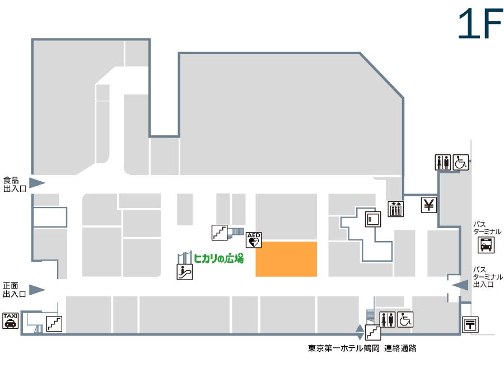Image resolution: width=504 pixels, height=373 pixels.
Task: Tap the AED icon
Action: pyautogui.click(x=254, y=240)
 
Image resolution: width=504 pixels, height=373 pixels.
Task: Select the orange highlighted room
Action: pyautogui.click(x=286, y=259)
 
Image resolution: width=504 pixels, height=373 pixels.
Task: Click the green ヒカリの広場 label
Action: pyautogui.click(x=218, y=258)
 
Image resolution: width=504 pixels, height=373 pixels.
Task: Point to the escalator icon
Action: pyautogui.click(x=185, y=272)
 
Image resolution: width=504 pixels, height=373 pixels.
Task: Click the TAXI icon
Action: pyautogui.click(x=11, y=320)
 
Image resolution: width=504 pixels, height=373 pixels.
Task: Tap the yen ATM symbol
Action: pyautogui.click(x=429, y=205)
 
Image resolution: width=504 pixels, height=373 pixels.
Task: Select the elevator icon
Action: pyautogui.click(x=396, y=209)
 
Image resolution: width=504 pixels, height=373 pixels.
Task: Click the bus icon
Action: pyautogui.click(x=486, y=245)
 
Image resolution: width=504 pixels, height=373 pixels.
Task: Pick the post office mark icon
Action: pyautogui.click(x=470, y=324)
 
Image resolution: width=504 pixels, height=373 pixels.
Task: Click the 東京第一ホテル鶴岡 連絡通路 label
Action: pyautogui.click(x=362, y=348)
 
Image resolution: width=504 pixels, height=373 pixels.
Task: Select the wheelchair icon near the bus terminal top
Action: pyautogui.click(x=461, y=162)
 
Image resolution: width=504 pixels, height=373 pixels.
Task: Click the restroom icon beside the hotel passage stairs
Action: pyautogui.click(x=388, y=319)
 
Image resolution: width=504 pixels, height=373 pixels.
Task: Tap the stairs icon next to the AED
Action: pyautogui.click(x=220, y=233)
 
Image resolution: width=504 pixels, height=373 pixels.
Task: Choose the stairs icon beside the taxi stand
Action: pyautogui.click(x=54, y=324)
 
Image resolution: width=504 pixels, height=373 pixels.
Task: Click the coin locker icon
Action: pyautogui.click(x=373, y=219)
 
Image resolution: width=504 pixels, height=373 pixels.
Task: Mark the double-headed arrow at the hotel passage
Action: pyautogui.click(x=360, y=332)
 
